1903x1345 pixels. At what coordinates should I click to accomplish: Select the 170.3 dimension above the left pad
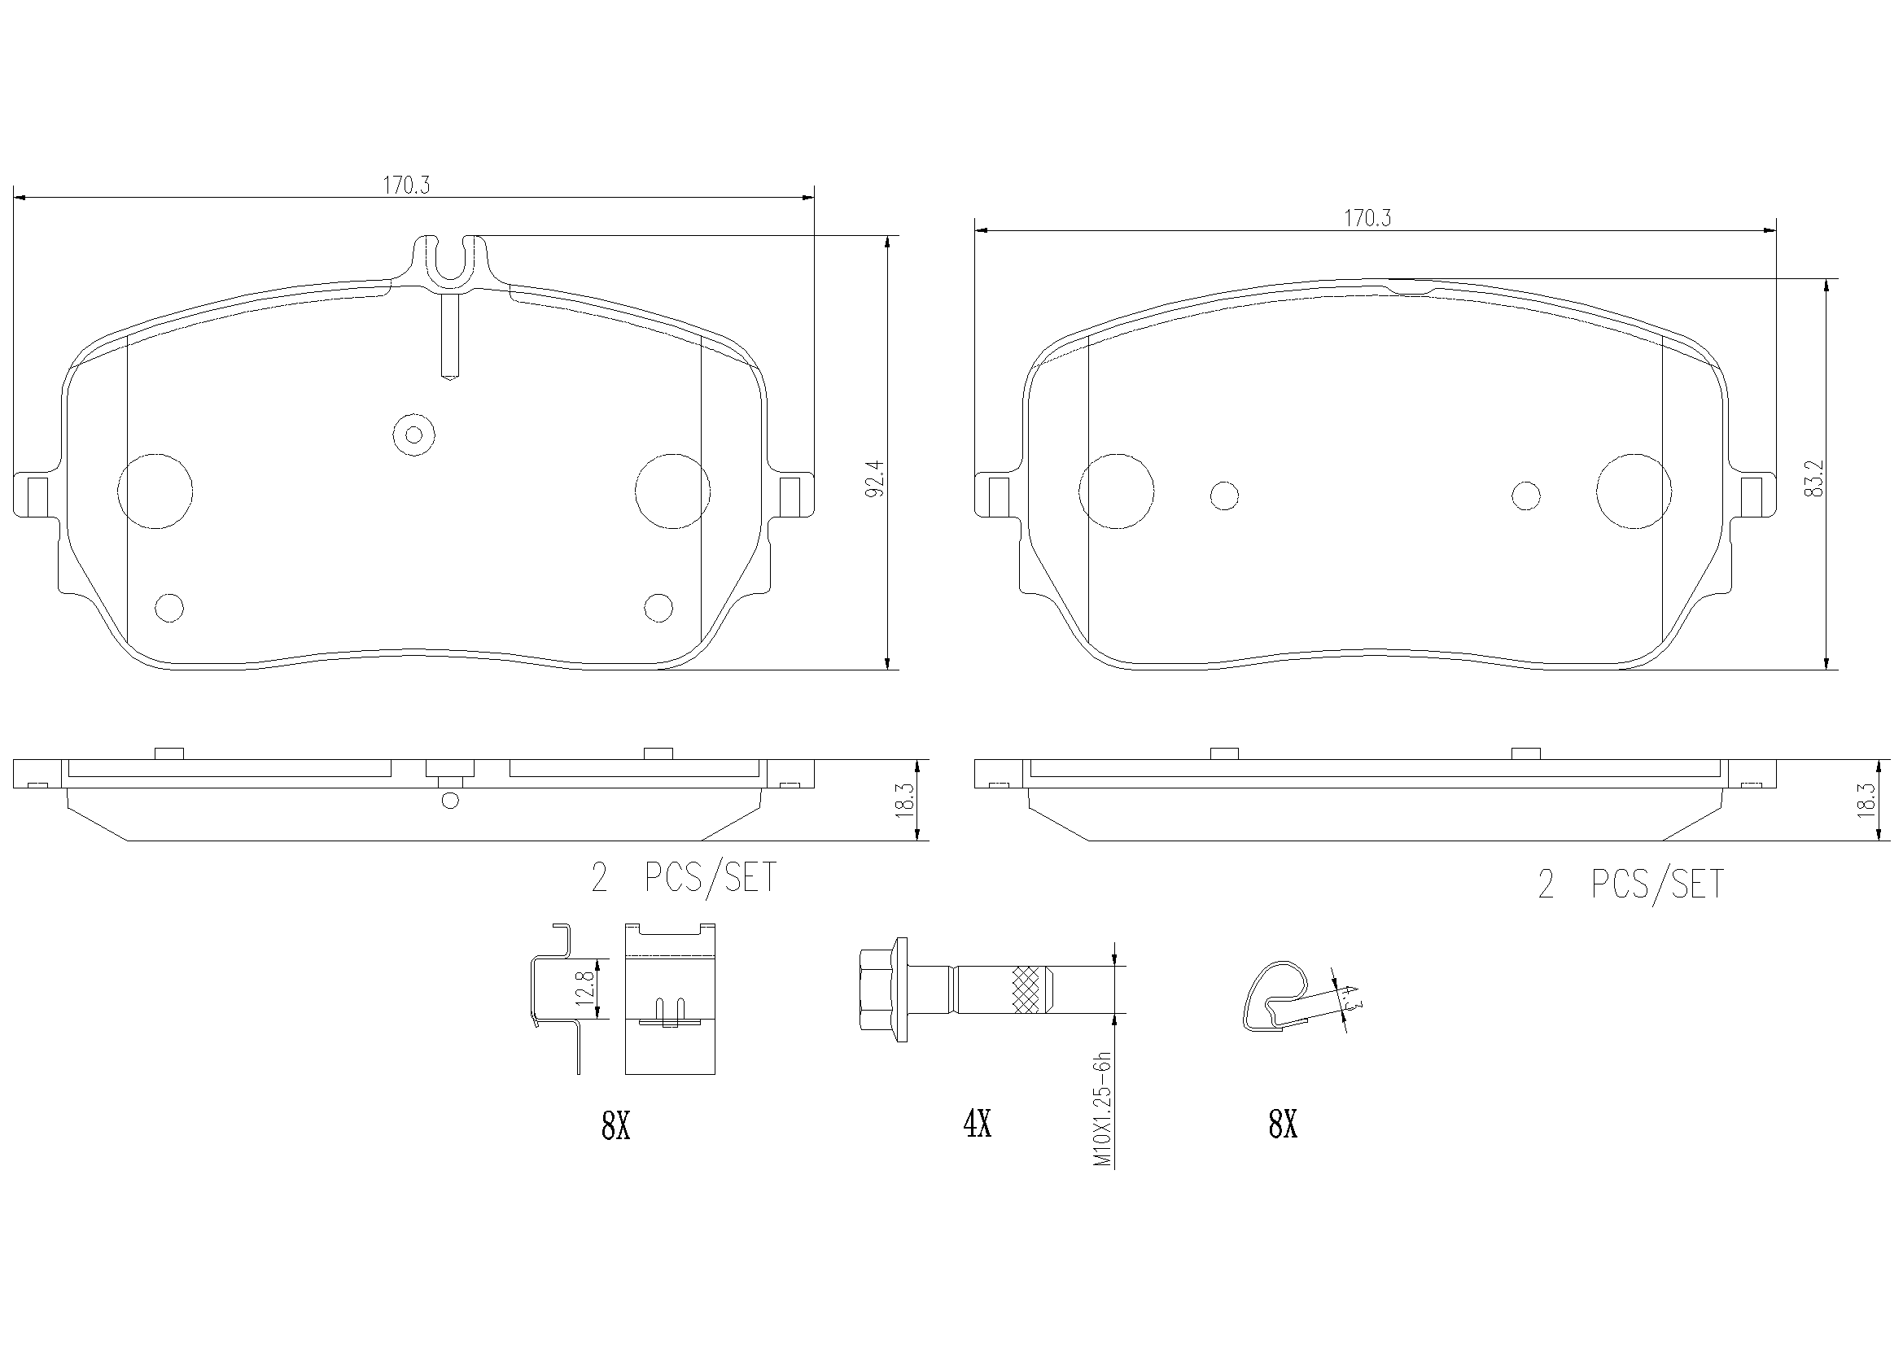(x=406, y=185)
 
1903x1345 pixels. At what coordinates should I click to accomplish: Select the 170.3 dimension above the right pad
(x=1367, y=218)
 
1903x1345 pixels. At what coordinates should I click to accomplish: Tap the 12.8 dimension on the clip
(x=588, y=989)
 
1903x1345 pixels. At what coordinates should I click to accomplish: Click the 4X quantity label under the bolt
(x=978, y=1124)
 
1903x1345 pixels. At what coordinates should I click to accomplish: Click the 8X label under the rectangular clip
(x=616, y=1126)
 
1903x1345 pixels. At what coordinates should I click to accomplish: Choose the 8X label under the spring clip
(x=1282, y=1124)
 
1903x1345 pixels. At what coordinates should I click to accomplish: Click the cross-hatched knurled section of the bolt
(x=1029, y=989)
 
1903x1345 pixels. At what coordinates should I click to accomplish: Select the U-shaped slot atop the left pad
(x=450, y=259)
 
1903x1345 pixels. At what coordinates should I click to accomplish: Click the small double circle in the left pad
(x=414, y=435)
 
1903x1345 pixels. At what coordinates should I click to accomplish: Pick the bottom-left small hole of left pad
(x=169, y=608)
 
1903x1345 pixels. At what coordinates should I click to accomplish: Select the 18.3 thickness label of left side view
(x=905, y=800)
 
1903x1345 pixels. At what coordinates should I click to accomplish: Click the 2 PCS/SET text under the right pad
(x=1630, y=884)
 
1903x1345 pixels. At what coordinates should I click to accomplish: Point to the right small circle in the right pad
(x=1526, y=496)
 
